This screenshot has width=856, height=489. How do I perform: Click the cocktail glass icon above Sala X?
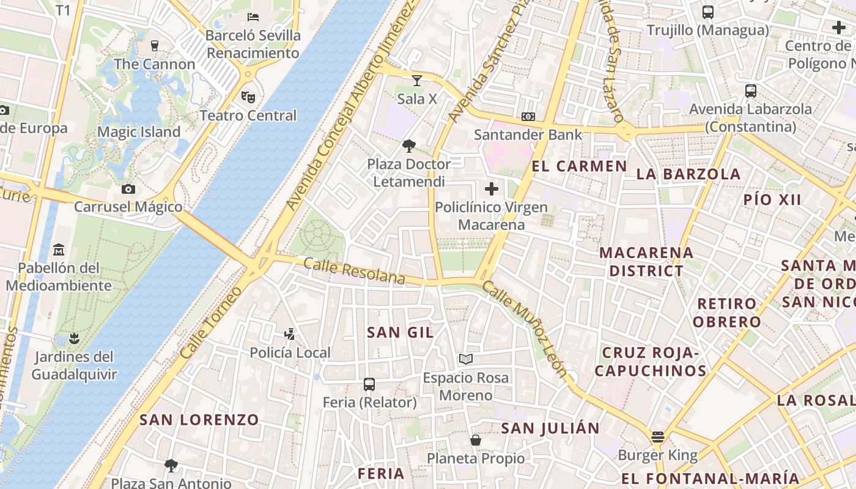coord(417,80)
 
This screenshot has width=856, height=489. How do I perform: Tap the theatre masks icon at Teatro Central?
coord(248,97)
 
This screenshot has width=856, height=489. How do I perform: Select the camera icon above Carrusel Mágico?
coord(128,189)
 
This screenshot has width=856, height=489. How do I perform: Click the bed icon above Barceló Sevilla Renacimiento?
coord(253,17)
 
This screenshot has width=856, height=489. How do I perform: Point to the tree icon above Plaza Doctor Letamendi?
coord(409,145)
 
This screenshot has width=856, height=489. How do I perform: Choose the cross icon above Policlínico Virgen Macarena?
coord(492,189)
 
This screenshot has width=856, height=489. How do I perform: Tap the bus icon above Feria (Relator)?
coord(369,384)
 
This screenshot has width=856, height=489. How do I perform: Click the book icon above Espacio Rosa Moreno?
coord(466,359)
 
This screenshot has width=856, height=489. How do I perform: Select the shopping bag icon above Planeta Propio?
coord(475,439)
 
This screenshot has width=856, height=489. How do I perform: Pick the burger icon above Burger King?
coord(657,436)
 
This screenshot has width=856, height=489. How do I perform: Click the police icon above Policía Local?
coord(290,334)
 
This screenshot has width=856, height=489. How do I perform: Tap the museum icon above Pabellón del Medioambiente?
coord(59,249)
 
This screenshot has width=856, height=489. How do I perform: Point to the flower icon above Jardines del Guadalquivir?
coord(74,338)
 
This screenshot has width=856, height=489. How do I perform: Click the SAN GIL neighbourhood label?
coord(400,333)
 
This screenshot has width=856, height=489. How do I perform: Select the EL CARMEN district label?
coord(579,166)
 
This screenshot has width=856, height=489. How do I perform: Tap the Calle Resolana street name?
coord(354,271)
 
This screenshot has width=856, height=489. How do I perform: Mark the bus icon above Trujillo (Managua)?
coord(707,12)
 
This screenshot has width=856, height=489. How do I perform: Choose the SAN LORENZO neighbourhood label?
coord(199,420)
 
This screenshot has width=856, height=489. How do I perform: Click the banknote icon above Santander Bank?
coord(528,116)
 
